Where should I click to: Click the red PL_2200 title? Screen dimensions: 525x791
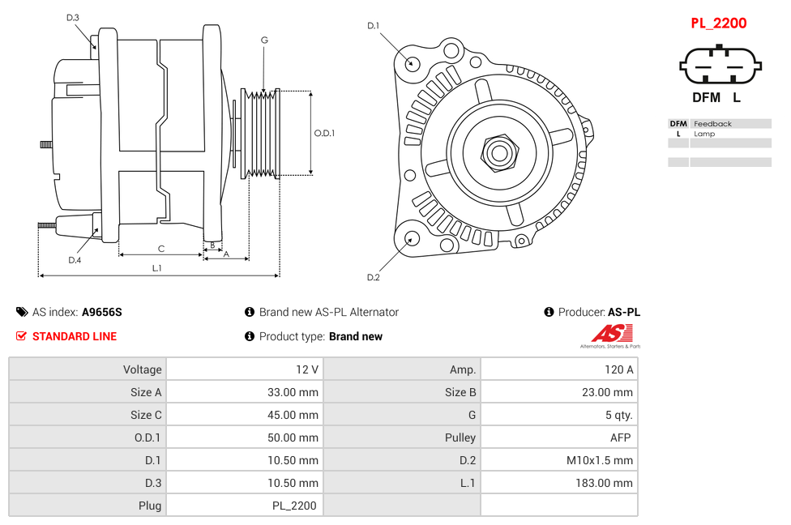click(718, 23)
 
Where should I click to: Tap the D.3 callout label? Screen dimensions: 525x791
click(73, 17)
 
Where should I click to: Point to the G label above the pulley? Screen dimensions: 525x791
click(264, 40)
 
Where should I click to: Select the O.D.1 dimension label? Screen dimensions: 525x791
click(324, 133)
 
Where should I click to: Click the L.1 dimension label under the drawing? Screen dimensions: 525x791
click(157, 267)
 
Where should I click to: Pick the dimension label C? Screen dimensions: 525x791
click(160, 248)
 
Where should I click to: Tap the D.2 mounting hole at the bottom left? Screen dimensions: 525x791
click(411, 238)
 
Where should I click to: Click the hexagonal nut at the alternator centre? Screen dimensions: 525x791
click(499, 152)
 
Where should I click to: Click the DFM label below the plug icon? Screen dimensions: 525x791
click(706, 98)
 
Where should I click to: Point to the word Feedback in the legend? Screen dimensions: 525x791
click(712, 124)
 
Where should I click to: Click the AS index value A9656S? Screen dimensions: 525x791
click(102, 312)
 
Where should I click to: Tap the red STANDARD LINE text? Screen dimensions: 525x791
click(75, 336)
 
